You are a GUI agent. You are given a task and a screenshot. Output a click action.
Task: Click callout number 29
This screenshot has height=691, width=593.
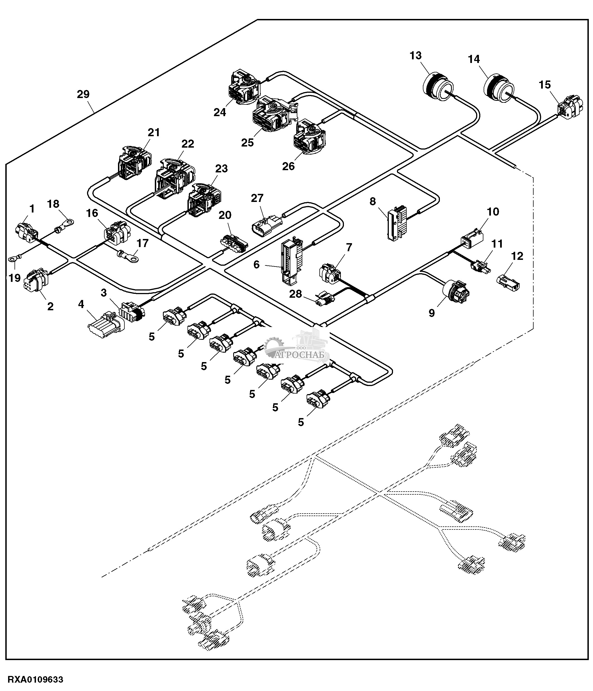[83, 94]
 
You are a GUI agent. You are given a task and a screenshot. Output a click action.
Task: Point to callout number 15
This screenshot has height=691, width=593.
[544, 85]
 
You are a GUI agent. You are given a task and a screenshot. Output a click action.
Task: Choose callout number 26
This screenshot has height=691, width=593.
[288, 166]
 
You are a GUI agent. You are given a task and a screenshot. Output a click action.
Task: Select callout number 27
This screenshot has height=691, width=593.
[257, 198]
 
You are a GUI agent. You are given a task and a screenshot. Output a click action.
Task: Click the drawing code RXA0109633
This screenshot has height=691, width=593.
[35, 679]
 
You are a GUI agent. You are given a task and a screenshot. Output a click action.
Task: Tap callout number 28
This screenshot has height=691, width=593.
[295, 294]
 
